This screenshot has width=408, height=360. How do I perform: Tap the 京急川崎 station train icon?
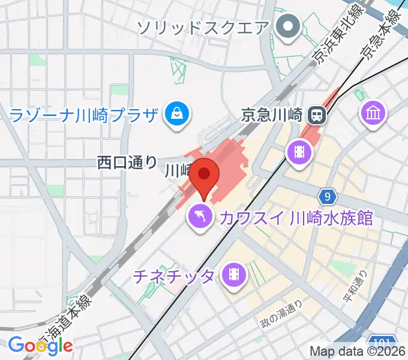(x=316, y=113)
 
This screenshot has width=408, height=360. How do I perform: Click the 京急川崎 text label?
(x=271, y=113)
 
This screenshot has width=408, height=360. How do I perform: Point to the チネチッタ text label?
(x=173, y=276)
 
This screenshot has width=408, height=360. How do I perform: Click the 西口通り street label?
(x=127, y=162)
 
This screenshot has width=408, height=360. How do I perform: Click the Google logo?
(x=40, y=345)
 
